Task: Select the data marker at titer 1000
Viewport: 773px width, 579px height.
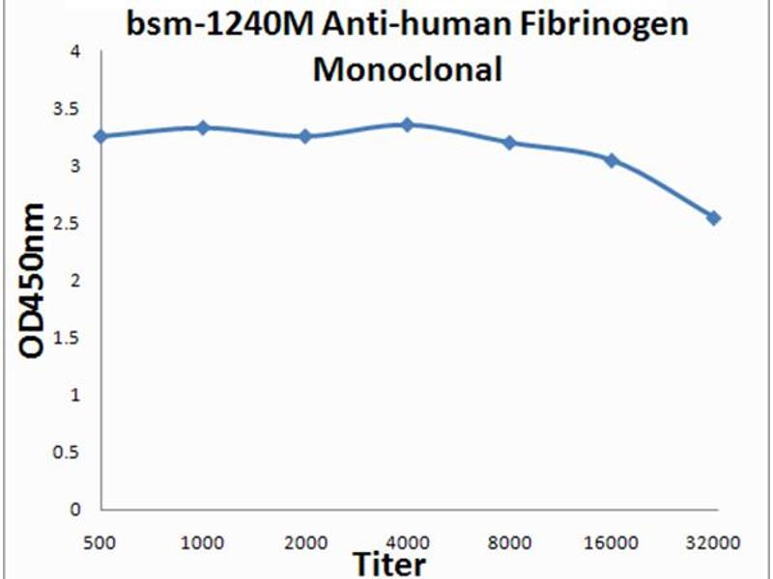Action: [x=203, y=127]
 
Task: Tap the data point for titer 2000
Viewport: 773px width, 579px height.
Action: [x=305, y=136]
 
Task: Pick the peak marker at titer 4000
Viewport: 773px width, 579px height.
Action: [x=408, y=124]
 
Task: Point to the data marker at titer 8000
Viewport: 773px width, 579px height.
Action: [x=509, y=143]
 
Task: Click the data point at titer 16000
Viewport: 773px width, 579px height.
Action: [x=612, y=159]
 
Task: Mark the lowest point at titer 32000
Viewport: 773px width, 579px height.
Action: [x=713, y=218]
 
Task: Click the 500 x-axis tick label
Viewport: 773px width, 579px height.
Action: [x=101, y=542]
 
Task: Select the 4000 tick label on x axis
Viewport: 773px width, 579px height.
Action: [x=408, y=542]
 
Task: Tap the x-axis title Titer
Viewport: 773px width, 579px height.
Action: [x=387, y=563]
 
